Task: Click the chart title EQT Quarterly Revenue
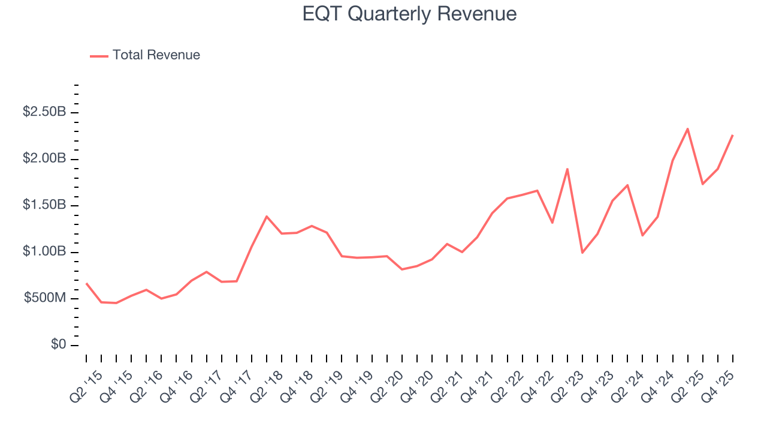pyautogui.click(x=409, y=13)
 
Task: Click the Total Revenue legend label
pyautogui.click(x=156, y=55)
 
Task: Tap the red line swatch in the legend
pyautogui.click(x=99, y=56)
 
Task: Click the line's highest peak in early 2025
pyautogui.click(x=687, y=128)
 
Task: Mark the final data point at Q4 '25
pyautogui.click(x=732, y=135)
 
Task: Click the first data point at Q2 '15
pyautogui.click(x=86, y=283)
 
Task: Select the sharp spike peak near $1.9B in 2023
pyautogui.click(x=567, y=169)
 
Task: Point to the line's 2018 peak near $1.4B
pyautogui.click(x=267, y=216)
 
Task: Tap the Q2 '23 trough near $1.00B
pyautogui.click(x=582, y=253)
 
